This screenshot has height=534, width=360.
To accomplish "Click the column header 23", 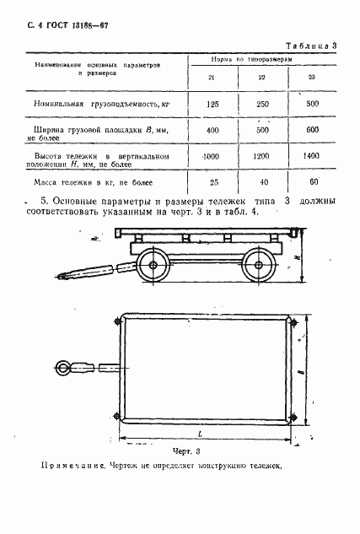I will click(311, 77).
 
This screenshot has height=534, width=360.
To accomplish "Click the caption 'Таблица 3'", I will click(311, 45).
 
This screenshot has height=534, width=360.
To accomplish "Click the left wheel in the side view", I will click(153, 267).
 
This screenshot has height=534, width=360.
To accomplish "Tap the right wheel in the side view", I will click(254, 267).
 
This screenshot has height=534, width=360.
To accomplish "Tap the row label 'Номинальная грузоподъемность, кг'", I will click(99, 103).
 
